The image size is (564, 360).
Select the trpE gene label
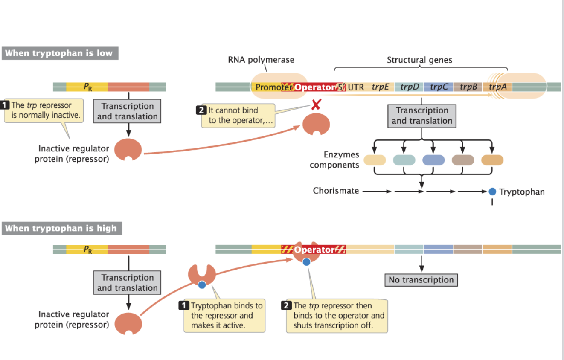coord(380,87)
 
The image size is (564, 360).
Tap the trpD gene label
coord(410,87)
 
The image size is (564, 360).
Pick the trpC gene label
coord(439,87)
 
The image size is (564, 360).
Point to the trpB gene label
coord(468,87)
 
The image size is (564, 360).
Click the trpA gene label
coord(498,87)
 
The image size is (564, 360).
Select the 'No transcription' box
coord(421,280)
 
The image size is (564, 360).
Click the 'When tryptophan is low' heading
coord(59,53)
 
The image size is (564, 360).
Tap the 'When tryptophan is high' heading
coord(61,228)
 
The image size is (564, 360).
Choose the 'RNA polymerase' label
coord(261,60)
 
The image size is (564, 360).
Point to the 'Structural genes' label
coord(419,60)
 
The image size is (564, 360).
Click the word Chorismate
coord(336,191)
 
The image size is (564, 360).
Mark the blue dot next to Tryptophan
coord(492,192)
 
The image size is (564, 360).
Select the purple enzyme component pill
coord(433,160)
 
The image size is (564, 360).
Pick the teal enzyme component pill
coord(404,160)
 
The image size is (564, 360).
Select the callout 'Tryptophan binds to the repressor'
coord(224,316)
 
